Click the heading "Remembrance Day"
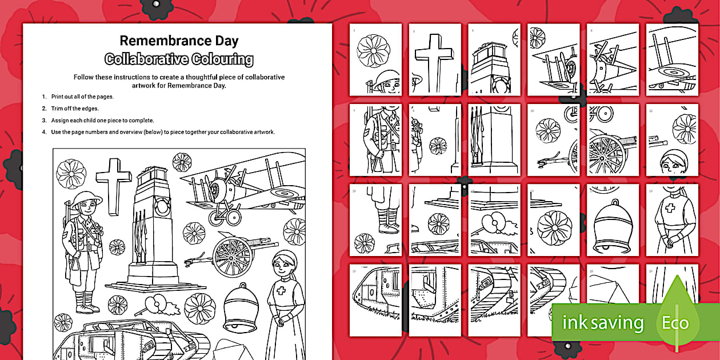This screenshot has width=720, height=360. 179,41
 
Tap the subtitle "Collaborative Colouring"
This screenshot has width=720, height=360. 179,59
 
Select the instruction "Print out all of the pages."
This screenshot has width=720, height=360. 82,97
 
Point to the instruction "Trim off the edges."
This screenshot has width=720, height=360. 75,109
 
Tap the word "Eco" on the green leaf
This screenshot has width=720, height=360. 675,323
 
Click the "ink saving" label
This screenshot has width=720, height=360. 603,323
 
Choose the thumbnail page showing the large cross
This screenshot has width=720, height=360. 435,59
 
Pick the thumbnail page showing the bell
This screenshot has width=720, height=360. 613,219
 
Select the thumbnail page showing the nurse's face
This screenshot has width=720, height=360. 672,139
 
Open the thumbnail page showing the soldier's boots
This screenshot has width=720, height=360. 375,219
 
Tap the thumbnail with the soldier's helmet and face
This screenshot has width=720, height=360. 375,59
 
